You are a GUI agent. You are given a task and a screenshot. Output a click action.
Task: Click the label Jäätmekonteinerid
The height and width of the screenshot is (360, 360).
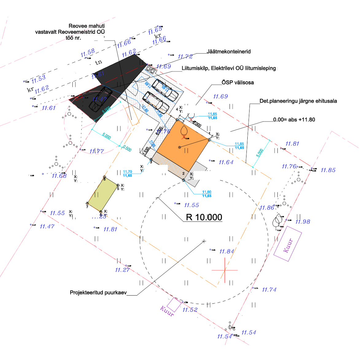228,52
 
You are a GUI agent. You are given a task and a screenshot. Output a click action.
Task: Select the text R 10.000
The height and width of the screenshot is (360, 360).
204,217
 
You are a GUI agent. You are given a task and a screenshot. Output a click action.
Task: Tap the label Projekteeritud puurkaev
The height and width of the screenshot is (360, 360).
98,292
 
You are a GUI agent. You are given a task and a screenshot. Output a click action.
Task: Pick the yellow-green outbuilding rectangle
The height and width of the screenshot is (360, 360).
103,194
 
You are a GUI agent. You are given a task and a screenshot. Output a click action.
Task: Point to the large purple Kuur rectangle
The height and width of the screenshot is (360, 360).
288,244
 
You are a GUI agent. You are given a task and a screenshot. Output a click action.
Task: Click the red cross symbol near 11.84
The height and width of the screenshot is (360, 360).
225,270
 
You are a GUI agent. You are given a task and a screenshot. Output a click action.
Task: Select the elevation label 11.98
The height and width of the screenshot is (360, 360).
303,222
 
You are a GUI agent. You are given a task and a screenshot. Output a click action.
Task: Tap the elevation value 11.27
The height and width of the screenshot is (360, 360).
122,270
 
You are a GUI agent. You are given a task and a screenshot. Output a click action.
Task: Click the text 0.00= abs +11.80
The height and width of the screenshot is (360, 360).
294,120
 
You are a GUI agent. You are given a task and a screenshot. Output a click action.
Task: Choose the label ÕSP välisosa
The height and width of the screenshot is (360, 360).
238,83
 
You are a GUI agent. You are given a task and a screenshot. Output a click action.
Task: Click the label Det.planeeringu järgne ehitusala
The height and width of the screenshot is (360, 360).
298,101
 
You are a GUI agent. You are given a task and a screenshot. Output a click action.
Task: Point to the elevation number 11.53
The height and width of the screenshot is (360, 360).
38,79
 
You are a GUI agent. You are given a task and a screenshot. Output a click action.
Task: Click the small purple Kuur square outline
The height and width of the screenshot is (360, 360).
174,304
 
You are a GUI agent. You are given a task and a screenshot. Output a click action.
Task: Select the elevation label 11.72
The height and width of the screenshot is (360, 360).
185,56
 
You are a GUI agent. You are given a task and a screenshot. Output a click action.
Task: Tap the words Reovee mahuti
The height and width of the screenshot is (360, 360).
87,26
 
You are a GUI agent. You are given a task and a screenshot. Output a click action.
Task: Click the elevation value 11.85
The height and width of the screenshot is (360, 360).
328,170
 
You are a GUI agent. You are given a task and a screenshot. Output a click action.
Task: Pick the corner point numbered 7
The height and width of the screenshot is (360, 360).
87,203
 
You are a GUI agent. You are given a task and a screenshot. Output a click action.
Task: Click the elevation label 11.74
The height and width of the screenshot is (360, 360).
269,290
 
